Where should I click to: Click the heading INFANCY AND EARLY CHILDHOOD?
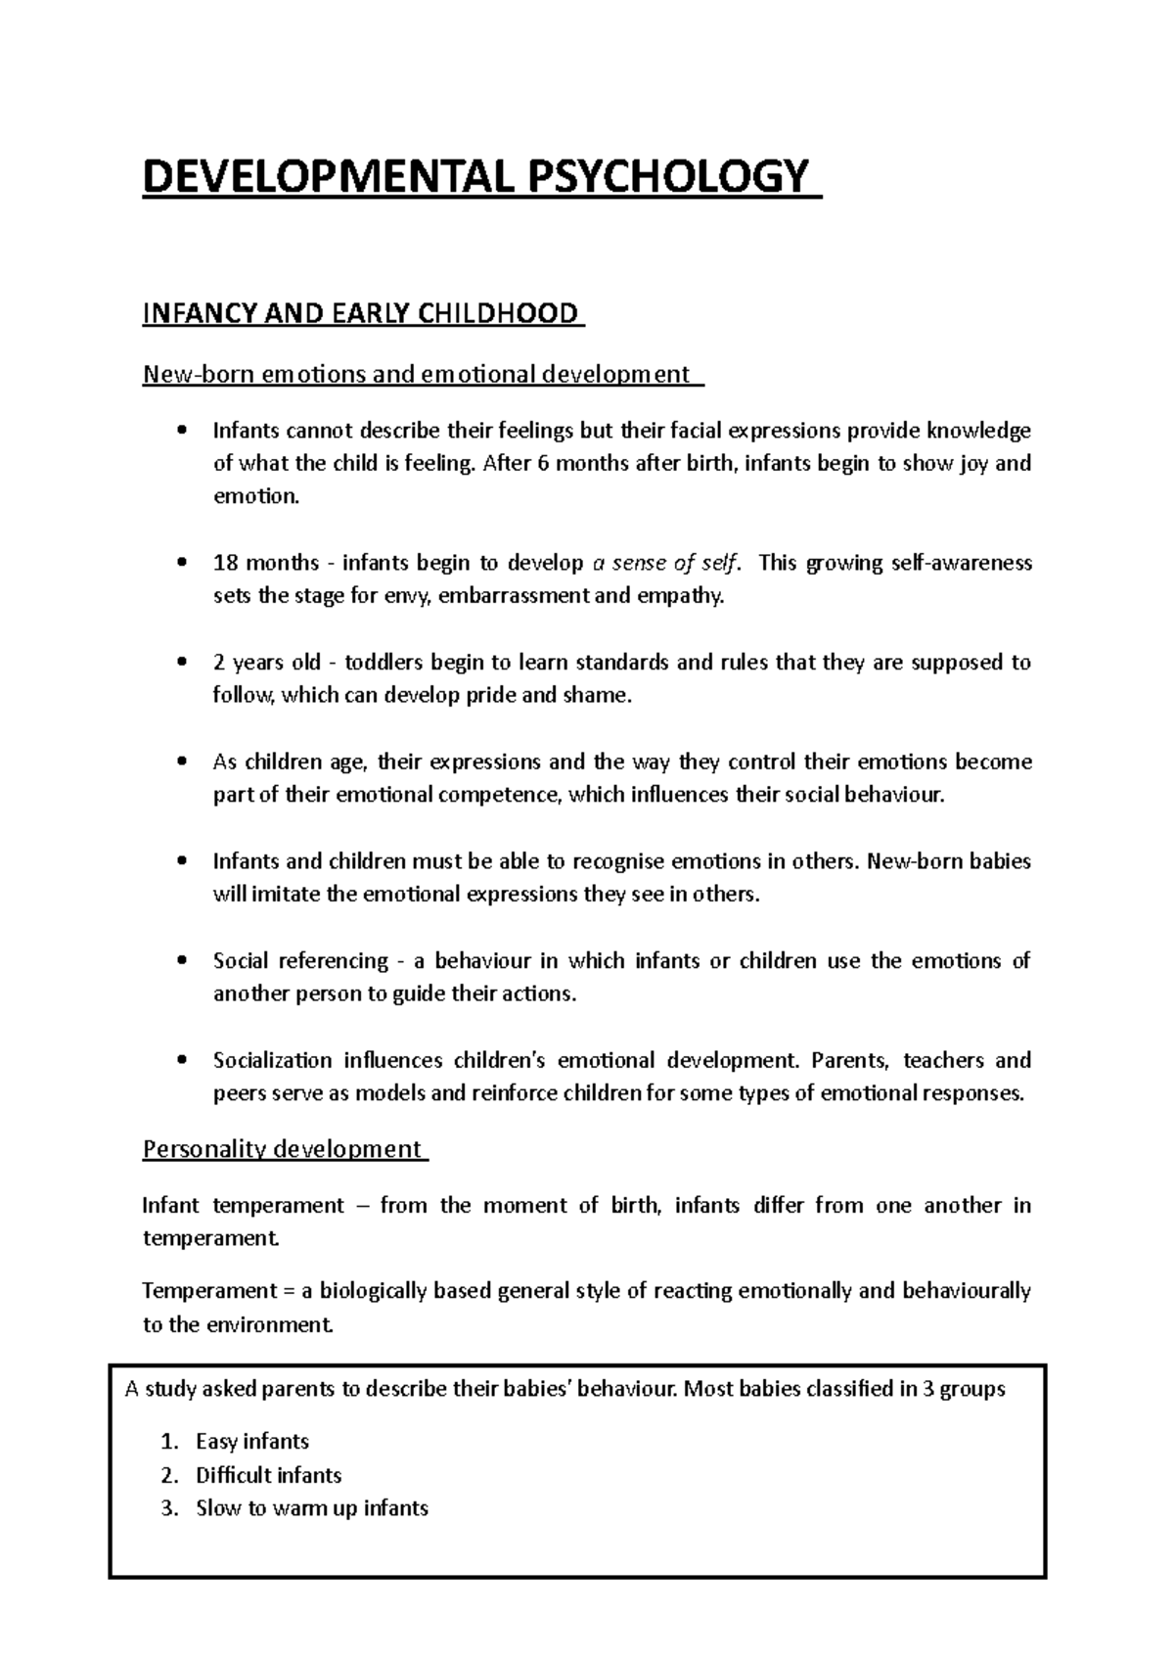361,314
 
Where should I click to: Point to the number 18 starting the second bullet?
225,563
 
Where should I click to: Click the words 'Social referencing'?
300,961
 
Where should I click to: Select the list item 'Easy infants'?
252,1442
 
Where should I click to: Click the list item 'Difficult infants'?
269,1475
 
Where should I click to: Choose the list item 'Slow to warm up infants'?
312,1508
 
